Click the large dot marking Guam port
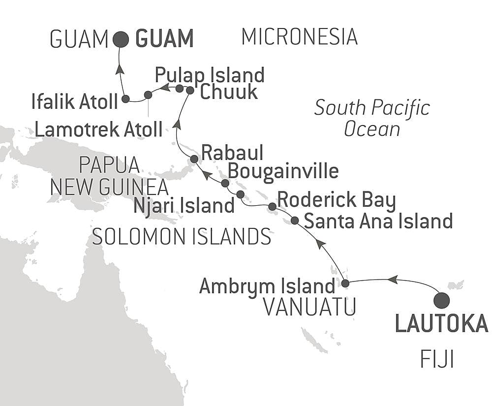[x=121, y=39]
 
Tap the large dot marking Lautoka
[x=441, y=300]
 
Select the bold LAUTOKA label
[x=442, y=324]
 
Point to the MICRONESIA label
[x=299, y=37]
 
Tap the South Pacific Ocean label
[x=372, y=119]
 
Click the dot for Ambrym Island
[x=345, y=283]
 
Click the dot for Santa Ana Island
[x=294, y=220]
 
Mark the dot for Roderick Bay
[x=272, y=206]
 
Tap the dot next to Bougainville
[x=225, y=183]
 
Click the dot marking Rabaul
[x=194, y=159]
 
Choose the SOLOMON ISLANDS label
[x=182, y=237]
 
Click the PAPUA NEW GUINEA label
[x=109, y=176]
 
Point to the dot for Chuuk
[x=190, y=90]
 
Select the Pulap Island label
[x=210, y=75]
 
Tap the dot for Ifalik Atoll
[x=125, y=99]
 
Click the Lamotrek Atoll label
[x=98, y=129]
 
